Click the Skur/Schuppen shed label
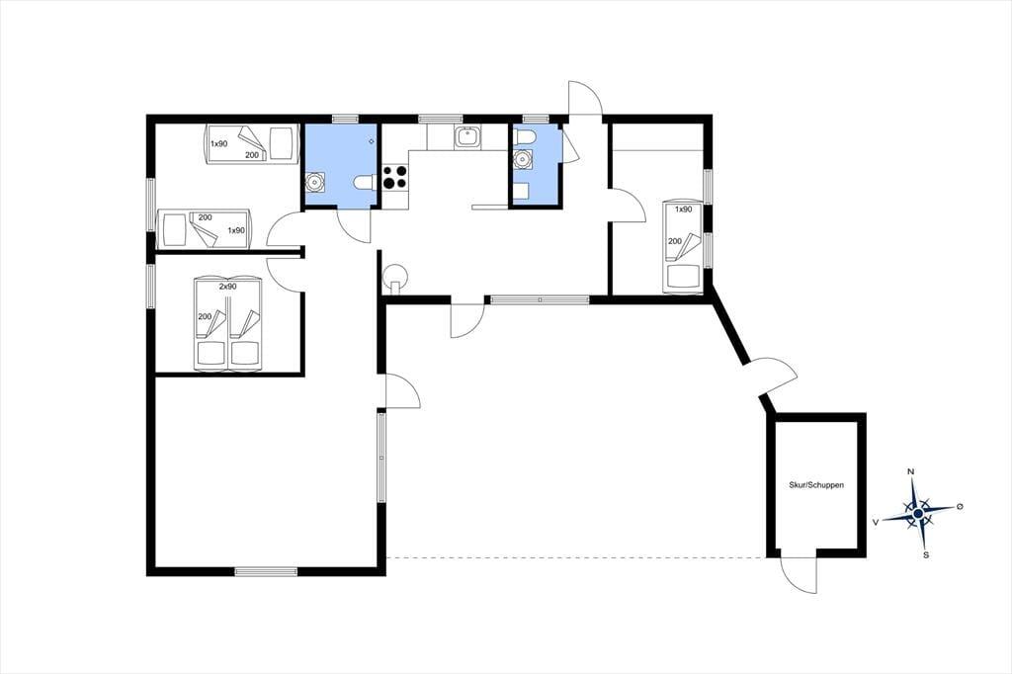pos(815,485)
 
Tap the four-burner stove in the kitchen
pos(395,178)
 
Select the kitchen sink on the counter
pos(466,137)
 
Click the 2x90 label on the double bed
pos(228,286)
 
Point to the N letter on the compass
pos(911,472)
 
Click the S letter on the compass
pos(925,554)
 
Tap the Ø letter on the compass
pos(960,506)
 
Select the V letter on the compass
pos(876,522)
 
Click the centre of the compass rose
pos(918,513)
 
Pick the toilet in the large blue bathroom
pos(363,184)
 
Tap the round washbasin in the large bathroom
pos(315,183)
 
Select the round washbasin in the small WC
pos(522,159)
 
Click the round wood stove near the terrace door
pos(394,277)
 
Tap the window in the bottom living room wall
pos(266,571)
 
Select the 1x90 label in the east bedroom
pos(684,210)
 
